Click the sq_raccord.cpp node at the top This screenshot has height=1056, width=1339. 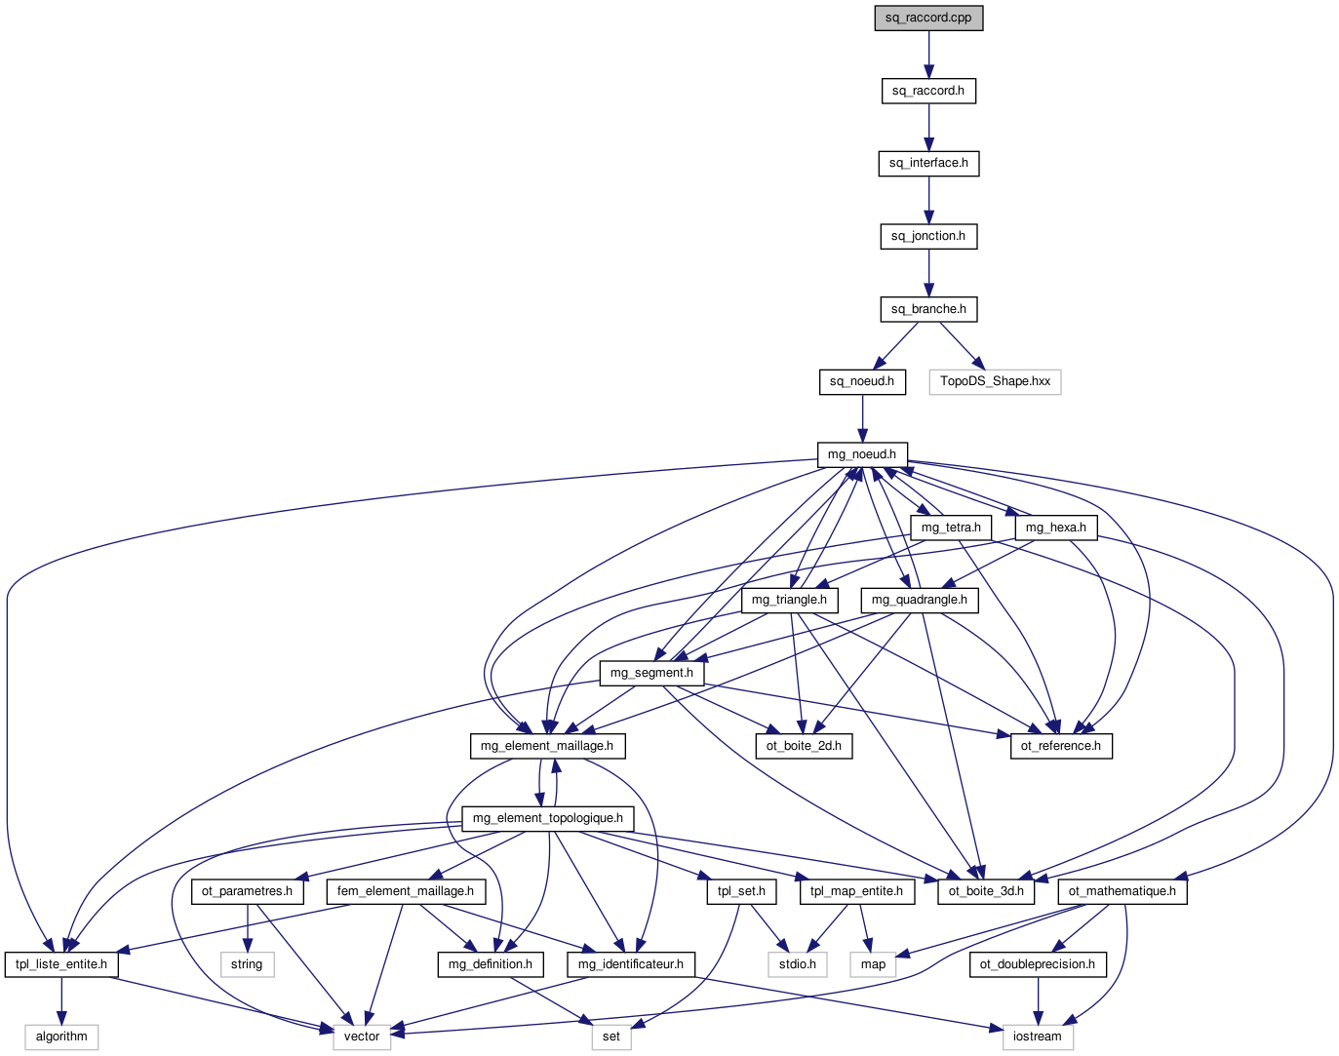click(928, 18)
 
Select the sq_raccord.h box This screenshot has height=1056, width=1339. click(928, 91)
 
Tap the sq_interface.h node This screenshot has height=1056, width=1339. click(928, 163)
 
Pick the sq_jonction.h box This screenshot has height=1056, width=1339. click(928, 236)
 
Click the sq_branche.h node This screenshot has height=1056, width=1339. click(928, 309)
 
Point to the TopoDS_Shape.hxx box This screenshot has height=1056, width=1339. click(995, 381)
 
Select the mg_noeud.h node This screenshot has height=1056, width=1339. click(862, 454)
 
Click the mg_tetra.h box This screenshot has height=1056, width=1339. click(951, 528)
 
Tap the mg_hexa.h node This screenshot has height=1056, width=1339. click(1056, 528)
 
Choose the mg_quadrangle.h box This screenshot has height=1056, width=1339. click(920, 600)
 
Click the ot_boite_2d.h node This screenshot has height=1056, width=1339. click(804, 746)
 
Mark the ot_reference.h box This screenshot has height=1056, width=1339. click(1060, 746)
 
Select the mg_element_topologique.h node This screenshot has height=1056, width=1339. click(547, 818)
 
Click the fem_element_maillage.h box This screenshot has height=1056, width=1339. click(406, 891)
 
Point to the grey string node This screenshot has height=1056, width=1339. click(247, 964)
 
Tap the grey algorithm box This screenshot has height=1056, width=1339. click(61, 1036)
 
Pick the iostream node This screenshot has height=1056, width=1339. click(1037, 1036)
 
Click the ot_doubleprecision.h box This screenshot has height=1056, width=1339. click(1038, 964)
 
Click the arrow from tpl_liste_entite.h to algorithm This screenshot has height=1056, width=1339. click(61, 1000)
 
